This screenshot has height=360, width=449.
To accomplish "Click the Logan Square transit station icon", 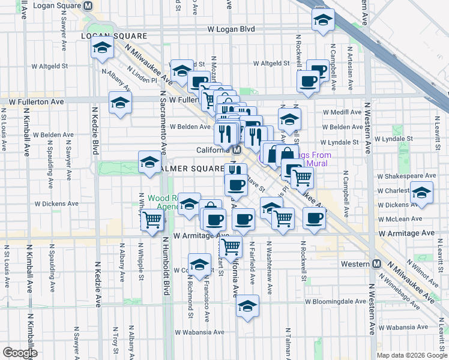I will point(89,5).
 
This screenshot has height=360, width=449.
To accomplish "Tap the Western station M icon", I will point(377,264).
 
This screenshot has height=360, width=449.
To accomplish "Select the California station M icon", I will point(237,150).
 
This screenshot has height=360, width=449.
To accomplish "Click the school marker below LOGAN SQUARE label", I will point(103,48).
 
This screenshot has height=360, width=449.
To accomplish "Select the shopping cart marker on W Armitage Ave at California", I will point(231,245).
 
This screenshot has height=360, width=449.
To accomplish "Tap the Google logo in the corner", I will point(20,353).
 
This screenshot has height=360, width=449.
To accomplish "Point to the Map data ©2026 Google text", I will point(412,355).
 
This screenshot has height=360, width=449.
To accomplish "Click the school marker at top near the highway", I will point(323,20).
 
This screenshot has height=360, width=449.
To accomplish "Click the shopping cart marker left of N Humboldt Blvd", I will point(152,220).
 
